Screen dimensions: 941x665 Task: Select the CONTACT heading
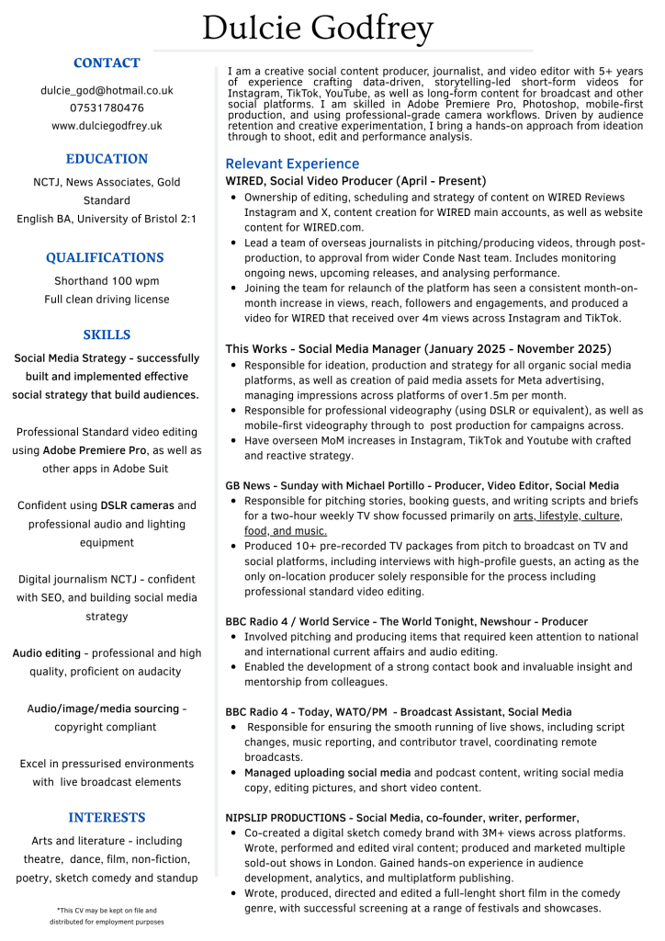(x=107, y=62)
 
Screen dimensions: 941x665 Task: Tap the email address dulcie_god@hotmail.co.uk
(x=107, y=90)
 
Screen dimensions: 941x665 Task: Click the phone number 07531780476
(x=107, y=108)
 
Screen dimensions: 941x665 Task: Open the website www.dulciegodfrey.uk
(x=107, y=125)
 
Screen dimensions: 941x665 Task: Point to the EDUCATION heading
(x=107, y=158)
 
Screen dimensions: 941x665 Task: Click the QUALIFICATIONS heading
(x=106, y=257)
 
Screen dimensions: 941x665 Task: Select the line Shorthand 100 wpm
(x=107, y=281)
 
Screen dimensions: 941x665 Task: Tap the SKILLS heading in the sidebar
(x=107, y=334)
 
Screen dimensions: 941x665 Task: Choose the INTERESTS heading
(x=107, y=817)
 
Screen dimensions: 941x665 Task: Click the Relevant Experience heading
(x=292, y=164)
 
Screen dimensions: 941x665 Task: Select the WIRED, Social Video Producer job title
(x=356, y=181)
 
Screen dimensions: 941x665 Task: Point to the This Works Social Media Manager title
(x=418, y=348)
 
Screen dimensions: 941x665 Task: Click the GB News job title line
(x=422, y=485)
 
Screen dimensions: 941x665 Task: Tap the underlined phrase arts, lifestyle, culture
(x=580, y=516)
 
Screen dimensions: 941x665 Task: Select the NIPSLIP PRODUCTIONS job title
(x=402, y=817)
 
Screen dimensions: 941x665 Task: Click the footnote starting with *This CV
(x=107, y=915)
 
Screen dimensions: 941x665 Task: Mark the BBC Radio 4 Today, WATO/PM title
(x=398, y=711)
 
